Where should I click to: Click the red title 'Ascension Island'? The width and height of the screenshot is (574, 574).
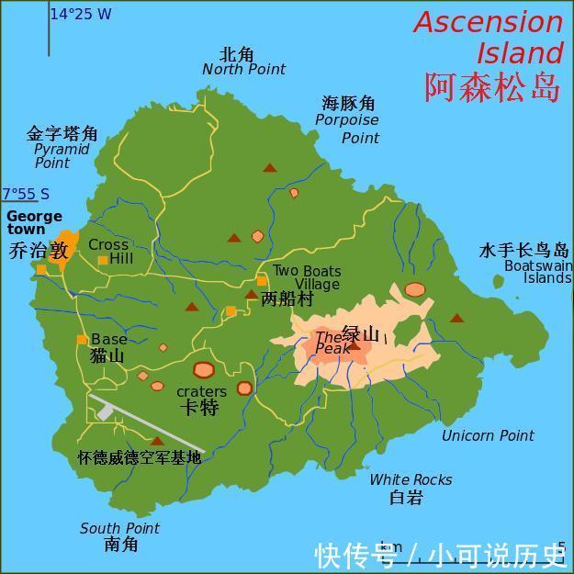pos(488,37)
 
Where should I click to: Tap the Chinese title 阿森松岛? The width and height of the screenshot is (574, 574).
pos(492,86)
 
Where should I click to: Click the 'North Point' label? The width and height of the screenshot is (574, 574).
pos(243,70)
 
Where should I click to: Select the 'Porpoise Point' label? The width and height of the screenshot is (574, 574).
pos(347,129)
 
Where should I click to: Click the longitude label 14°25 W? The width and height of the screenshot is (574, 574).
pos(80,14)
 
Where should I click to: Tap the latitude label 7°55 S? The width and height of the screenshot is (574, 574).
pos(26,194)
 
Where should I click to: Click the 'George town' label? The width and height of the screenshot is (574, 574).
pos(33,223)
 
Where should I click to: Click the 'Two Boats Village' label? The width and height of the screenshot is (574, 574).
pos(308,277)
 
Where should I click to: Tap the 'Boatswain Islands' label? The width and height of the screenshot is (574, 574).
pos(538,272)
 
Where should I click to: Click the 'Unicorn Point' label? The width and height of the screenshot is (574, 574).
pos(488,435)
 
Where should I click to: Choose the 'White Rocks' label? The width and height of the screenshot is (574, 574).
pos(411,479)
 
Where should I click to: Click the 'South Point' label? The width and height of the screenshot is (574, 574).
pos(119,528)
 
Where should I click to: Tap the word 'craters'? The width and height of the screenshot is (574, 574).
pos(201,392)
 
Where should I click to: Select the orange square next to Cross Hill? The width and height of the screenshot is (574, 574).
pos(103,261)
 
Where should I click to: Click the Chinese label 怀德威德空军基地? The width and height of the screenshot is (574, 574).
pos(139,456)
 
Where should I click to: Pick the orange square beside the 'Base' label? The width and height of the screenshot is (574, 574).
pos(82,340)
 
